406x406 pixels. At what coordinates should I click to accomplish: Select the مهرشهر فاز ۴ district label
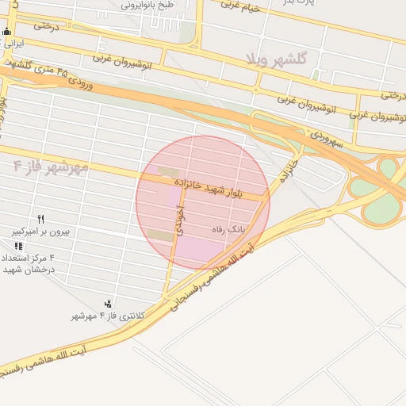[x=51, y=168]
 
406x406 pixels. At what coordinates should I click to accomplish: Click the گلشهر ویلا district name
[x=276, y=59]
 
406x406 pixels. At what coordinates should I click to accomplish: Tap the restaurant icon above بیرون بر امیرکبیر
[x=40, y=219]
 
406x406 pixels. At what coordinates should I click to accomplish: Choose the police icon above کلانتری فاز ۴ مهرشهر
[x=108, y=303]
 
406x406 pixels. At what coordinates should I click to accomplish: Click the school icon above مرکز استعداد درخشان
[x=18, y=247]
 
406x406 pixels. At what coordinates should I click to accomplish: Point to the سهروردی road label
[x=326, y=140]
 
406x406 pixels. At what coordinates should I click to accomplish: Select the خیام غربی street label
[x=240, y=6]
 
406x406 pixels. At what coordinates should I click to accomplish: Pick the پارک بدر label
[x=300, y=2]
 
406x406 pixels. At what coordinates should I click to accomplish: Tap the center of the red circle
[x=202, y=203]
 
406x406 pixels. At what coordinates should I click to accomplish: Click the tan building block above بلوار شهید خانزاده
[x=167, y=172]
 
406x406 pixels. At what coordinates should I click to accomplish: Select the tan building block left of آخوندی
[x=160, y=236]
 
